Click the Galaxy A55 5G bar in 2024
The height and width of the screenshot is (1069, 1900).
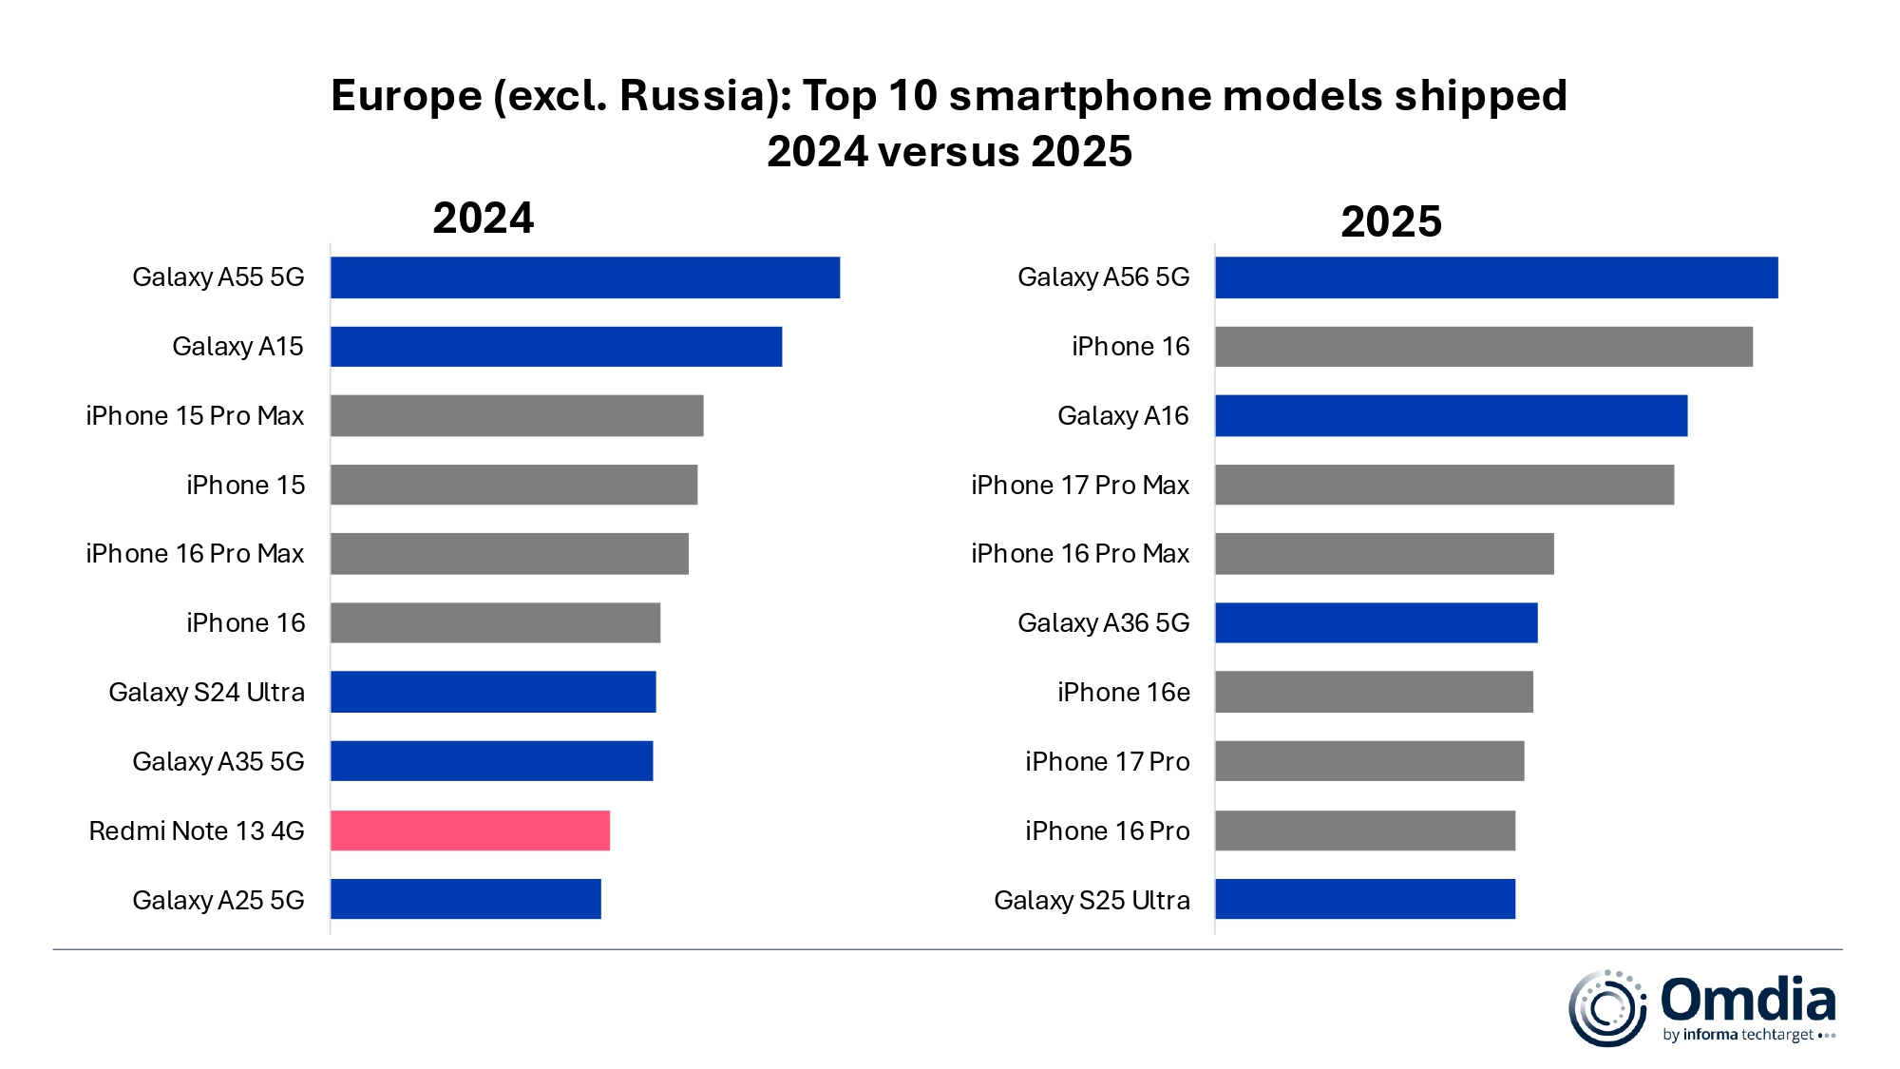coord(584,277)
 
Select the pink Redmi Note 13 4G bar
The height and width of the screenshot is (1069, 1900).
coord(469,830)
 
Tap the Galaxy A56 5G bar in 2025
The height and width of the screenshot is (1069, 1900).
coord(1496,277)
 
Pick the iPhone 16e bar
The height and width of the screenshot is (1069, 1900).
coord(1374,692)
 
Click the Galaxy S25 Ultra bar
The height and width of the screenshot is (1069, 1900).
coord(1365,899)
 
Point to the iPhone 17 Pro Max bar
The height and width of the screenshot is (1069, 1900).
coord(1444,485)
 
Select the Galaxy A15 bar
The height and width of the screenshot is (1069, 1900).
coord(556,347)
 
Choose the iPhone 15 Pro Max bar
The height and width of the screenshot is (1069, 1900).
coord(517,416)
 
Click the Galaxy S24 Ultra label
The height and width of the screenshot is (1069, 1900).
coord(206,692)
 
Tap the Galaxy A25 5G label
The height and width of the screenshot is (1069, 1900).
coord(218,900)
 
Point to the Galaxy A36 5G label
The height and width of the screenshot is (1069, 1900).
coord(1103,622)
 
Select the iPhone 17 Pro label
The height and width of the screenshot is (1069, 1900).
coord(1107,761)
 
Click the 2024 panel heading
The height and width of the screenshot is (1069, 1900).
coord(483,218)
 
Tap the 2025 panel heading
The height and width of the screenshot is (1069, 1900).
coord(1390,221)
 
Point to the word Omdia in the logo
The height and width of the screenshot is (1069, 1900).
coord(1747,1000)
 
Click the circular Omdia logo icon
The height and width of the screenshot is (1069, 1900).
coord(1606,1008)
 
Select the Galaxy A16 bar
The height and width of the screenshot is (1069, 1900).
coord(1451,416)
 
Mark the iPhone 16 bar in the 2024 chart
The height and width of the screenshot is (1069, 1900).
coord(495,622)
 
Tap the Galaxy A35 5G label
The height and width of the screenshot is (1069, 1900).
coord(218,761)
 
